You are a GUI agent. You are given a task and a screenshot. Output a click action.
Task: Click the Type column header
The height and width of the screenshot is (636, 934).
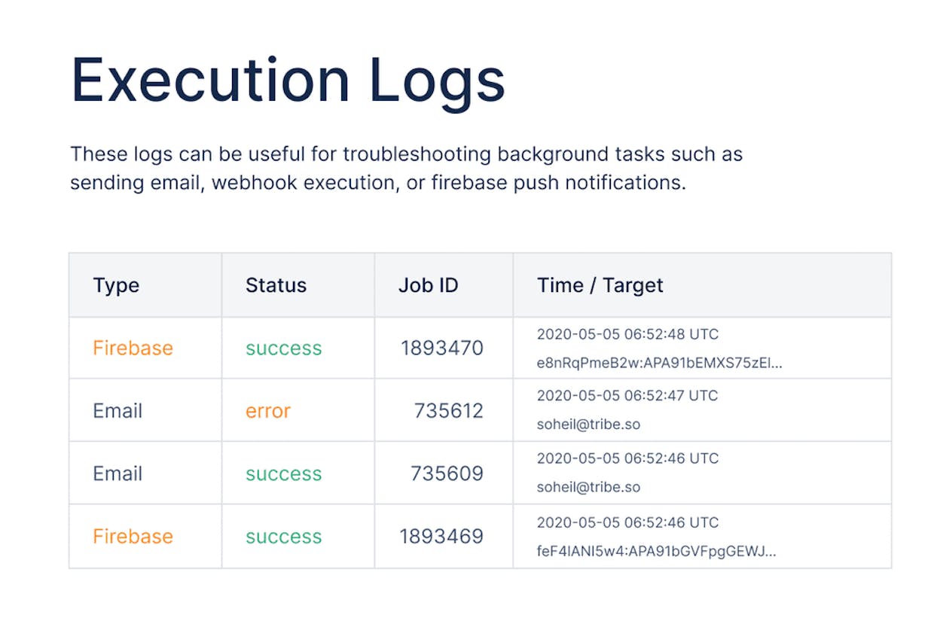(x=116, y=286)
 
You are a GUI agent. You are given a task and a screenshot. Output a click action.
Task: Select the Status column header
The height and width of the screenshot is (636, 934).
(x=276, y=285)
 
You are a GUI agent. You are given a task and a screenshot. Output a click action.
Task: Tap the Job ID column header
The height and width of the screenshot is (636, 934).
(x=429, y=285)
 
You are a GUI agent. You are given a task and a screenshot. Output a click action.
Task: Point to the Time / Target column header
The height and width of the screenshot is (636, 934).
(x=600, y=286)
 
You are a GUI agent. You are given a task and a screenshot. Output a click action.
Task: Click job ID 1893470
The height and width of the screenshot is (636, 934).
(x=442, y=348)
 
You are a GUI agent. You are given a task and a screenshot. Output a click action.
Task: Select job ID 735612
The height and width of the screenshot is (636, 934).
(x=449, y=410)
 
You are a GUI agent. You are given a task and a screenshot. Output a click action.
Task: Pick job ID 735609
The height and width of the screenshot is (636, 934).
(x=447, y=473)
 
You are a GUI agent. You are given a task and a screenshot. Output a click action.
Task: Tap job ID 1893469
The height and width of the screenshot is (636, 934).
(x=441, y=537)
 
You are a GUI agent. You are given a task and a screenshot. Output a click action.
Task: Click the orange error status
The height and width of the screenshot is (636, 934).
(x=267, y=411)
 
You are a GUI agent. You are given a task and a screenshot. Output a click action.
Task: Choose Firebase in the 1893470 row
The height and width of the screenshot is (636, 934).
(x=133, y=348)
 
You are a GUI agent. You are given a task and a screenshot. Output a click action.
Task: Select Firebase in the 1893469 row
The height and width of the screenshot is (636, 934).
(x=133, y=536)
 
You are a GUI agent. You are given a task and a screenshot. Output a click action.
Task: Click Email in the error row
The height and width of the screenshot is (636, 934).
(x=118, y=410)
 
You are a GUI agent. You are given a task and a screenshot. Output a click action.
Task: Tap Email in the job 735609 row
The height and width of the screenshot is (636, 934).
(x=118, y=473)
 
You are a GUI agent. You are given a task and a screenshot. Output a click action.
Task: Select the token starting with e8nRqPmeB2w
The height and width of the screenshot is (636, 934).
(x=659, y=363)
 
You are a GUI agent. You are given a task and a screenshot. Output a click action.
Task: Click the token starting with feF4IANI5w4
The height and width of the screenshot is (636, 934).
(x=656, y=552)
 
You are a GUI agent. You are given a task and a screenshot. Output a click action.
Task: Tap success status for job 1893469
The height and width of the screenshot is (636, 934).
(x=283, y=537)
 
